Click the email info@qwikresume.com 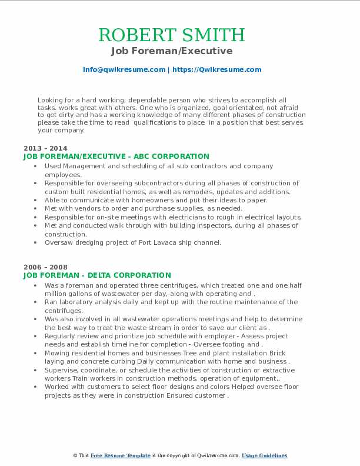(x=124, y=69)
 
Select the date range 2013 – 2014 (x=45, y=148)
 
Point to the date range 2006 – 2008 (x=45, y=267)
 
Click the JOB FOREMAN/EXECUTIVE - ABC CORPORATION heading (x=116, y=157)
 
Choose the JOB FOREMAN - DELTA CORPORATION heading (x=97, y=275)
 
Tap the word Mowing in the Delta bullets (x=58, y=354)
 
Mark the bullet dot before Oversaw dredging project (x=37, y=242)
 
